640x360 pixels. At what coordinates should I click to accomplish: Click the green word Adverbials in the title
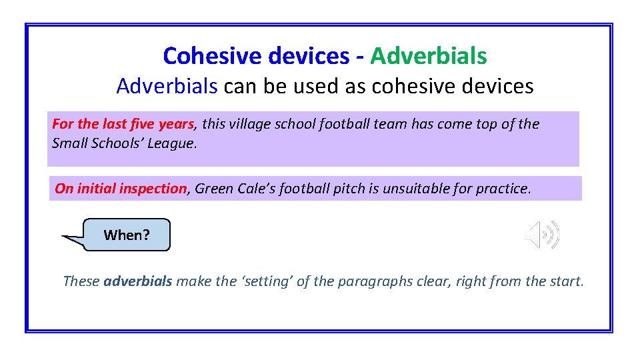[429, 56]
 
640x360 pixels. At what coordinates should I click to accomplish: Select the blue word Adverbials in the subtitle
[167, 86]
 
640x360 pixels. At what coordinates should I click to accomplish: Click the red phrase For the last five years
[123, 124]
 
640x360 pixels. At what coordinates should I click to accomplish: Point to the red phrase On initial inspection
[121, 189]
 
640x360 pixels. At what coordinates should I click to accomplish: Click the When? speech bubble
[127, 235]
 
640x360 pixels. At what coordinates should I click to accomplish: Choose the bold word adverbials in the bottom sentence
[138, 281]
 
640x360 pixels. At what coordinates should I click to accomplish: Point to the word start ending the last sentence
[564, 281]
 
